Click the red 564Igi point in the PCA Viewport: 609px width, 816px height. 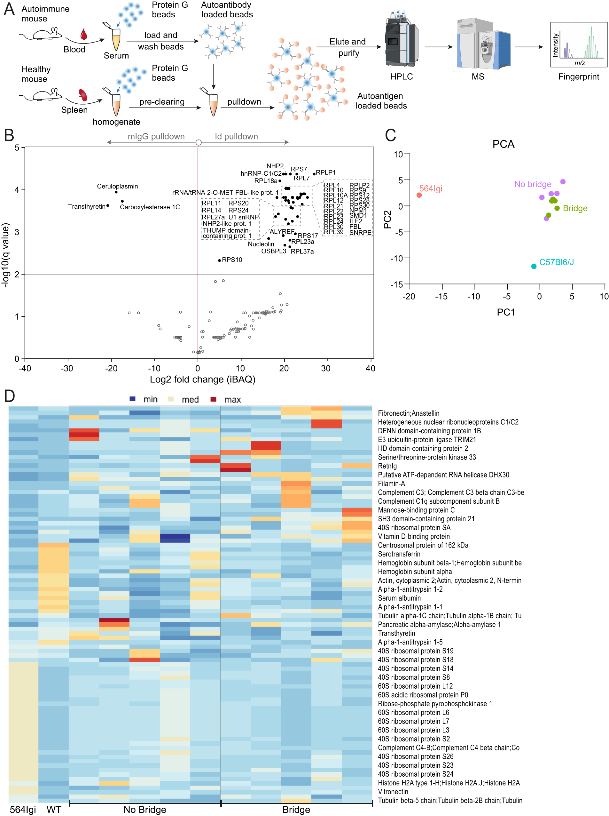click(x=419, y=195)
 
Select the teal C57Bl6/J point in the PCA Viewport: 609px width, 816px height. click(x=534, y=266)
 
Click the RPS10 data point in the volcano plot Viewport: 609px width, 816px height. click(x=219, y=260)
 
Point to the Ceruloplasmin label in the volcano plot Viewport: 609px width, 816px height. click(x=117, y=186)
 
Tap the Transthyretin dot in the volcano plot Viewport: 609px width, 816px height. click(x=108, y=205)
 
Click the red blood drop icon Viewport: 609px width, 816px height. click(x=84, y=34)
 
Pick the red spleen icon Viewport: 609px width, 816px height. click(x=83, y=95)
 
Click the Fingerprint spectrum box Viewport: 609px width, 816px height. click(x=578, y=44)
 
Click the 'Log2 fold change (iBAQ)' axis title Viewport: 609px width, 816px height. click(x=202, y=379)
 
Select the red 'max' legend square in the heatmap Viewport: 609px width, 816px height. click(x=213, y=399)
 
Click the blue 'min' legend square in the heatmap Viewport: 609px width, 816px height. click(x=133, y=399)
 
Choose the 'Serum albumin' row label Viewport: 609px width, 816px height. click(x=399, y=598)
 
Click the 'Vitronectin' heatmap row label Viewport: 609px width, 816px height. click(x=393, y=792)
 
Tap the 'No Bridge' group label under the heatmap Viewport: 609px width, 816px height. click(x=144, y=809)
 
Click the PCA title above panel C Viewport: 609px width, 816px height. click(x=503, y=144)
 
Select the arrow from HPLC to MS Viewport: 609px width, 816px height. click(x=438, y=47)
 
